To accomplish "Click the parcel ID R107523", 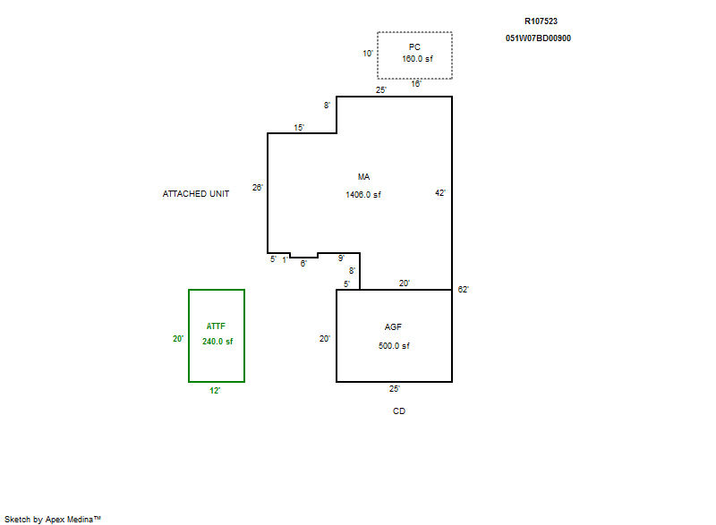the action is point(541,21).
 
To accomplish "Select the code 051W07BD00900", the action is point(538,38).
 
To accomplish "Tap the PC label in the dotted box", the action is point(414,47).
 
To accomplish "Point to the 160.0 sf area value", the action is point(417,59).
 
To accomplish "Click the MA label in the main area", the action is point(364,177).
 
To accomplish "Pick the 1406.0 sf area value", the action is point(363,195).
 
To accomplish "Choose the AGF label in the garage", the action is point(393,327).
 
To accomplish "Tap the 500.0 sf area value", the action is point(394,346).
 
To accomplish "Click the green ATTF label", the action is point(216,326).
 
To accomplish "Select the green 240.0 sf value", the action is point(217,341).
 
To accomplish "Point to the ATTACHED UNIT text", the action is point(196,194).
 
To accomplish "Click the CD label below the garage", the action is point(399,411).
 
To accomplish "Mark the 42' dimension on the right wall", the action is point(440,193).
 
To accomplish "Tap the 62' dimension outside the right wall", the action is point(464,290).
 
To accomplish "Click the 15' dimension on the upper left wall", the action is point(299,128).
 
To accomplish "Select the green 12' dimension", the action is point(215,391).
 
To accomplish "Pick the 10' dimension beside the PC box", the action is point(368,54).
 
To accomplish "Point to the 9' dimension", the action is point(341,258).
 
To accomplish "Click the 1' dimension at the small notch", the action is point(285,260).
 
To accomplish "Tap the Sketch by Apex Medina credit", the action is point(53,519).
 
